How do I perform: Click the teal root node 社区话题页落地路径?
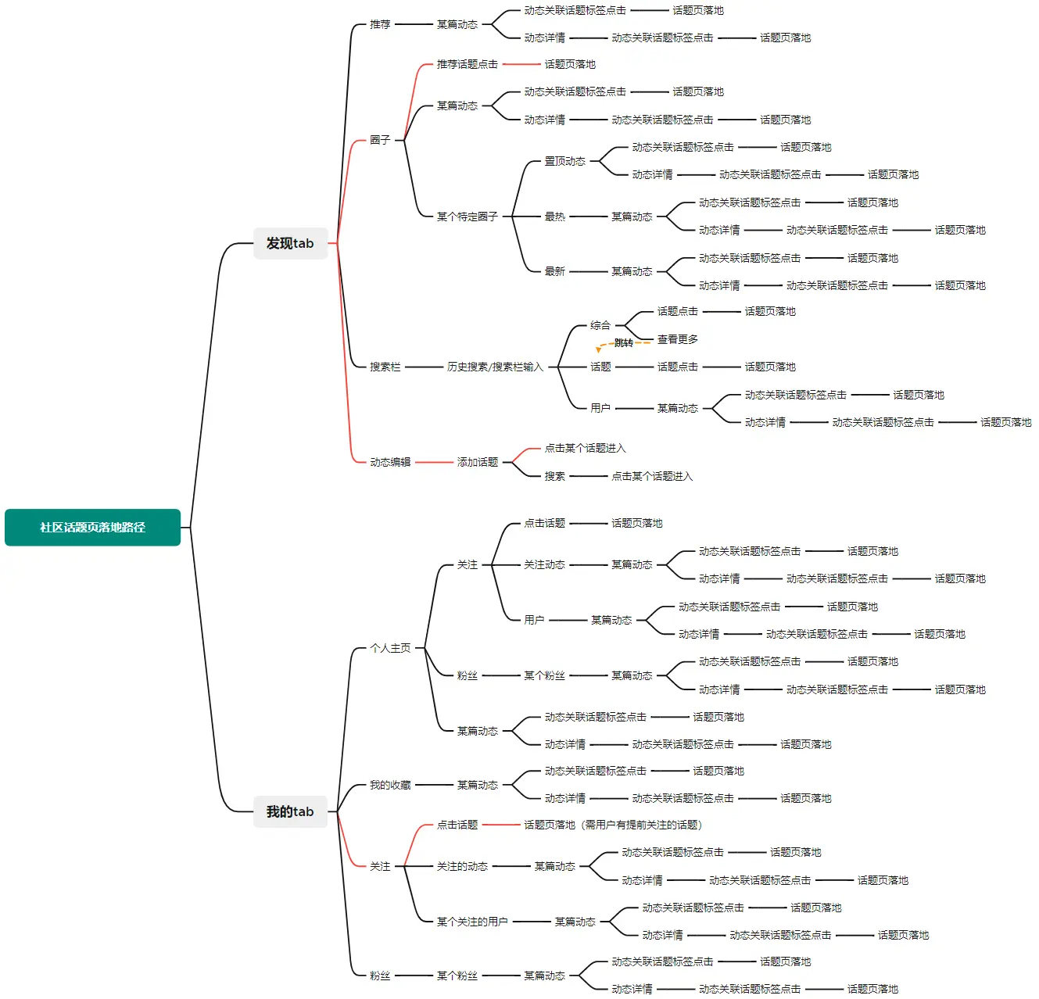tap(92, 528)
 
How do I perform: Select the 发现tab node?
tap(290, 243)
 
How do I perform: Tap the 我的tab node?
tap(290, 811)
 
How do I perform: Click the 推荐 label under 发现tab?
tap(380, 24)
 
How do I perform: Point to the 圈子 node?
tap(380, 140)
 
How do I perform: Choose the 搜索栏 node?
tap(385, 367)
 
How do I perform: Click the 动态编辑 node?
tap(390, 462)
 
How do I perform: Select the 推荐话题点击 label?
tap(467, 64)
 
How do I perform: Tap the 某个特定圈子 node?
tap(467, 217)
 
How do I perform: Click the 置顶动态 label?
tap(564, 161)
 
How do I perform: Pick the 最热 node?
tap(554, 217)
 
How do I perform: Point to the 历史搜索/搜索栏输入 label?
tap(494, 367)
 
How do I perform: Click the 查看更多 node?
tap(677, 339)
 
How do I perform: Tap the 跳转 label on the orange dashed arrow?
tap(623, 343)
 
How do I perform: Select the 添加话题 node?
tap(477, 462)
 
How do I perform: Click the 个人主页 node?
tap(390, 648)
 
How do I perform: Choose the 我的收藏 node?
tap(390, 785)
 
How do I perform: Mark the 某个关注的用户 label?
tap(472, 922)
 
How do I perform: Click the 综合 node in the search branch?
tap(600, 325)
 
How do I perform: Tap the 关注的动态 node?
tap(462, 866)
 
